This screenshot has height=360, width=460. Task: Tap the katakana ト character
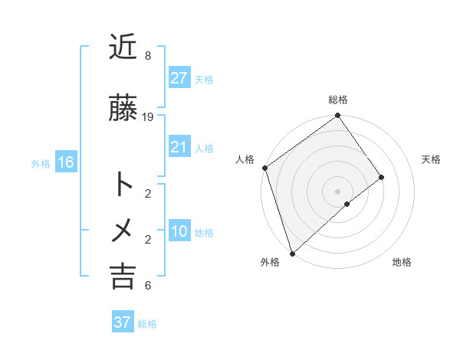[x=123, y=185]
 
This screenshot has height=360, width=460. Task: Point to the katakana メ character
[x=123, y=231]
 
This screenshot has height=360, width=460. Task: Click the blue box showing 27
[x=179, y=78]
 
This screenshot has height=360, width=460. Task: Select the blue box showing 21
[x=179, y=147]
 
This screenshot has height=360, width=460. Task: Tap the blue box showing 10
[x=179, y=231]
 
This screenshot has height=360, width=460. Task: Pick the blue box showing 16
[x=65, y=162]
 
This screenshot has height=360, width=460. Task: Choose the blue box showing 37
[x=122, y=322]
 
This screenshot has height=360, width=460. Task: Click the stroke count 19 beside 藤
[x=148, y=116]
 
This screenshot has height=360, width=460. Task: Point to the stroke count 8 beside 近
[x=148, y=56]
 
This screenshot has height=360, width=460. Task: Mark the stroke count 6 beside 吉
[x=148, y=286]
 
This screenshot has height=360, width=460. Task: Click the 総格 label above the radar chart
[x=338, y=100]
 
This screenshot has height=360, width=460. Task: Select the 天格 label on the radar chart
[x=432, y=159]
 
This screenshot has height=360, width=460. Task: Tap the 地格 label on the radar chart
[x=402, y=262]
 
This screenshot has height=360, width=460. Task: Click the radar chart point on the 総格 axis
[x=337, y=116]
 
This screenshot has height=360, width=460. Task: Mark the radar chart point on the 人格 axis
[x=264, y=168]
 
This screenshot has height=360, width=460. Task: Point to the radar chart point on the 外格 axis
[x=292, y=253]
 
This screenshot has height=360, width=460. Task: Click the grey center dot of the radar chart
[x=337, y=190]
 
